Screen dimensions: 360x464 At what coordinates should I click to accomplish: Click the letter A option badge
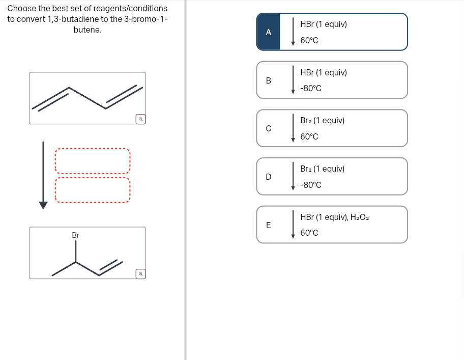268,32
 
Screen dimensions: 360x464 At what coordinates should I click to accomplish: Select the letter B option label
268,80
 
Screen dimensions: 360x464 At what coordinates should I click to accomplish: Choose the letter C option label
268,128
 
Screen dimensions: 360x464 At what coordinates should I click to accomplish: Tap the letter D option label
268,177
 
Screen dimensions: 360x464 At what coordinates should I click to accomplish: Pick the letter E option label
268,225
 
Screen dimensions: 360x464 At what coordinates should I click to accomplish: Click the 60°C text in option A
309,40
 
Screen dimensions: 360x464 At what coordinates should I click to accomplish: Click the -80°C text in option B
310,89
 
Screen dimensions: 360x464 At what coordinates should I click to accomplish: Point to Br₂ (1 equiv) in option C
322,121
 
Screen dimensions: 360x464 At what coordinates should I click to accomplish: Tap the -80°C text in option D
310,185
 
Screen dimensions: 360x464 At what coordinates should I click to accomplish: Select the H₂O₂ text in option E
360,217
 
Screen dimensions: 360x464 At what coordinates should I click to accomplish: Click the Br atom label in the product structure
75,235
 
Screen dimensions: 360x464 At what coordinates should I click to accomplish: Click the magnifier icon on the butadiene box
140,119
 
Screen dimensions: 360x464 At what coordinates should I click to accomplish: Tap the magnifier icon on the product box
140,274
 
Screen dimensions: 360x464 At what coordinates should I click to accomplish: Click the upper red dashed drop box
93,161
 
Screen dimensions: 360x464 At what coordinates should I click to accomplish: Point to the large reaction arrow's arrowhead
43,205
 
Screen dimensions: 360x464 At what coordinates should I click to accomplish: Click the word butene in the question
87,30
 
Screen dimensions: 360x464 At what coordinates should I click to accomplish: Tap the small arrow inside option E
293,225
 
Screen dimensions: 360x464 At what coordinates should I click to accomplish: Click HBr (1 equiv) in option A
324,24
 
